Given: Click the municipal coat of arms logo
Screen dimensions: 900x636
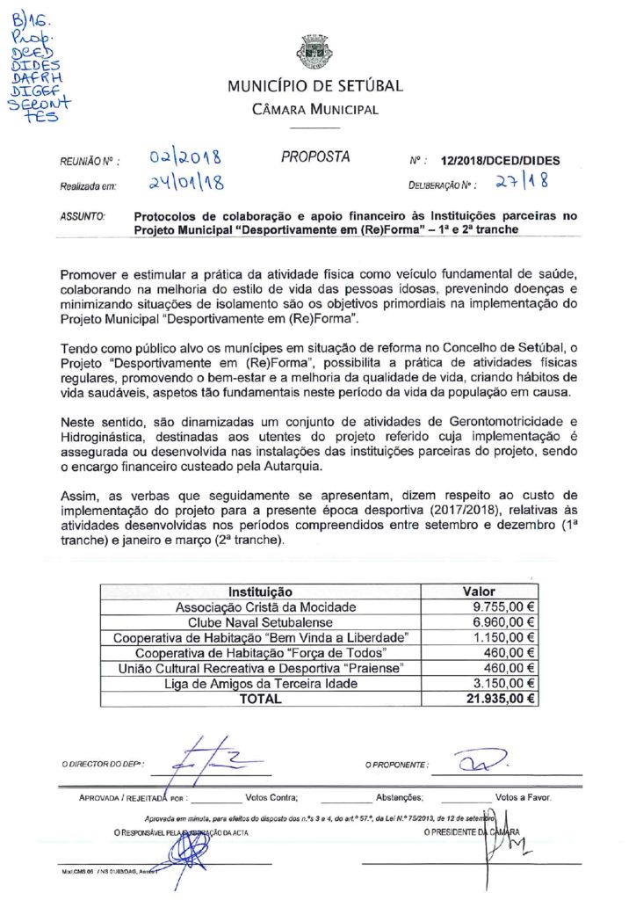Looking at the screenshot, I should pos(315,53).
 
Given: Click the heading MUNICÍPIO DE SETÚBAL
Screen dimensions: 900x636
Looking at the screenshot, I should pos(315,86).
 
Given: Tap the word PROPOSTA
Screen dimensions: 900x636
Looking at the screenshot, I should pos(315,157).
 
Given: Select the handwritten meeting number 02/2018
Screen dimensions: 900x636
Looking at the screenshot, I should pos(184,159).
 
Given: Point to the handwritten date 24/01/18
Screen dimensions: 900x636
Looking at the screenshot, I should pos(184,184).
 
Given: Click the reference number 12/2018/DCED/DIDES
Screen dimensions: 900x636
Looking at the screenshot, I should pos(495,161).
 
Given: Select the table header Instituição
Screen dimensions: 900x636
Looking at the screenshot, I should pos(260,592).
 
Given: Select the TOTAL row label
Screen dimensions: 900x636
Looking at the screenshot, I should pos(261,699).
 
